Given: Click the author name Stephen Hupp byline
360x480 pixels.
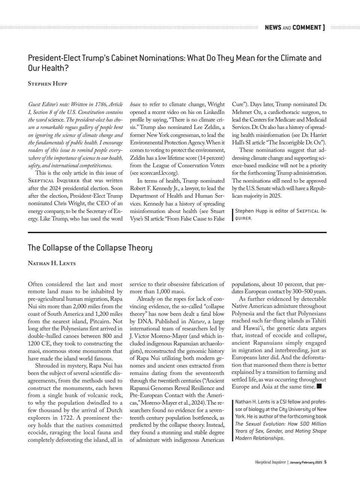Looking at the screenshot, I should [x=47, y=84].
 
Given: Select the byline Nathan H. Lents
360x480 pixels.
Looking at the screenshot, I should [x=52, y=263].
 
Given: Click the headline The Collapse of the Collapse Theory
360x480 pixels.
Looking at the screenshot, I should [x=90, y=248].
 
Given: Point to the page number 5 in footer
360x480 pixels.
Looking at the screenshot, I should [x=325, y=462].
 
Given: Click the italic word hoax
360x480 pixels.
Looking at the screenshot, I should [x=135, y=104].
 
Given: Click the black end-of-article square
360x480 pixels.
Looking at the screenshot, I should [x=319, y=386].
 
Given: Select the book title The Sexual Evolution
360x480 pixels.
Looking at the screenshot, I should [x=262, y=424].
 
